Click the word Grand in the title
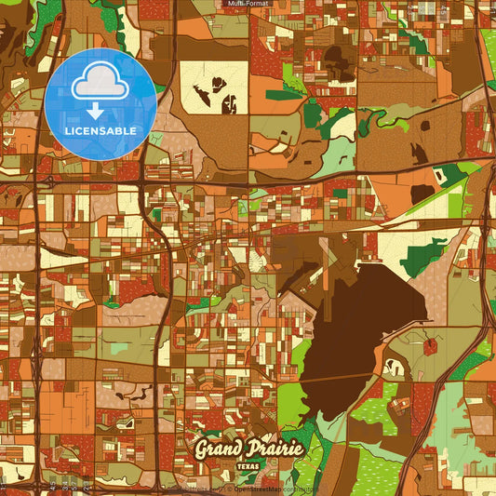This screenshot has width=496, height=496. click(x=221, y=449)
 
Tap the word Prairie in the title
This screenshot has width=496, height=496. click(x=275, y=449)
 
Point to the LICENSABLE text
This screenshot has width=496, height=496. click(x=100, y=131)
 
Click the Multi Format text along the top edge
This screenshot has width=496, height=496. click(x=248, y=4)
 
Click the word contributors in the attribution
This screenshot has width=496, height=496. click(x=301, y=489)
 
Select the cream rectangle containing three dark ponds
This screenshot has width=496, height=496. click(x=214, y=87)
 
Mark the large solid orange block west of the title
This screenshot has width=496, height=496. click(x=65, y=409)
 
